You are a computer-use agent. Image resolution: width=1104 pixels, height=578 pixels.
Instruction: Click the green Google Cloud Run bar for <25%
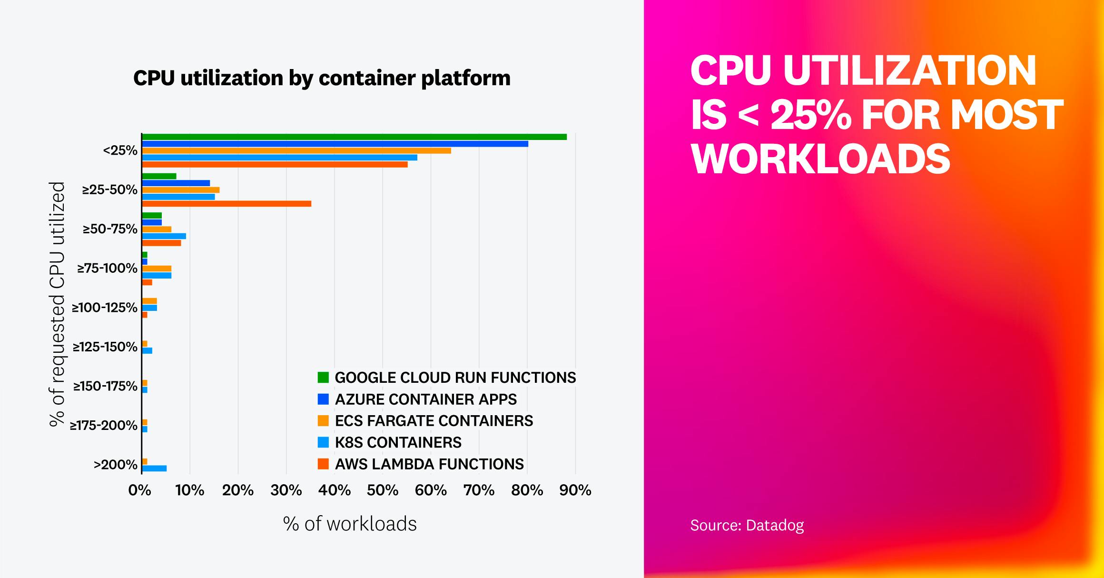[354, 137]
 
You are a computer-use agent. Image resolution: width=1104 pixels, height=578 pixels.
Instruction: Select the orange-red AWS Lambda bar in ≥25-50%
[227, 204]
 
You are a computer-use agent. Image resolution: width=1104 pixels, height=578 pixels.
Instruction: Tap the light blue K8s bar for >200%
[154, 468]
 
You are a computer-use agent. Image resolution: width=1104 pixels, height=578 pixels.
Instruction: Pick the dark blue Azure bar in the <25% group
[335, 144]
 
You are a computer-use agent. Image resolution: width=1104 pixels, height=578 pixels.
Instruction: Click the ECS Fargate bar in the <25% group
[296, 150]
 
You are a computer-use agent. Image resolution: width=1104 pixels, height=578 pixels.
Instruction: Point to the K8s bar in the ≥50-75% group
[164, 236]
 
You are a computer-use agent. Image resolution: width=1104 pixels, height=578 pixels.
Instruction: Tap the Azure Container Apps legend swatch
[323, 399]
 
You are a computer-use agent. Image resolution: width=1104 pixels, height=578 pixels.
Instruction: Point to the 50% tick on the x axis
[383, 490]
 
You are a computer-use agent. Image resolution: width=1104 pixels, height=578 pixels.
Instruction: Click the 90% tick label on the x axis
[575, 490]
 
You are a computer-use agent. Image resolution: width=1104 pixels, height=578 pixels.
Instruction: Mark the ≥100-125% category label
[105, 308]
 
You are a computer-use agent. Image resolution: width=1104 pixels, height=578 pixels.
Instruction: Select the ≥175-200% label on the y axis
[104, 425]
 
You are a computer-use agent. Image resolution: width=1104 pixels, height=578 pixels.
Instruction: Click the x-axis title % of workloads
[350, 524]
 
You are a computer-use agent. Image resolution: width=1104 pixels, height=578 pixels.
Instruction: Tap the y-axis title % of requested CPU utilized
[57, 305]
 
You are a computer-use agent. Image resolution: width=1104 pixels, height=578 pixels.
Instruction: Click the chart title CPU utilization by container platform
[322, 78]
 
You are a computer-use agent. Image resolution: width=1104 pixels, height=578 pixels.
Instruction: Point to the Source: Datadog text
[747, 525]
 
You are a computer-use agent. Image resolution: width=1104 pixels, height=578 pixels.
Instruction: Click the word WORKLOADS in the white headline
[820, 158]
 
